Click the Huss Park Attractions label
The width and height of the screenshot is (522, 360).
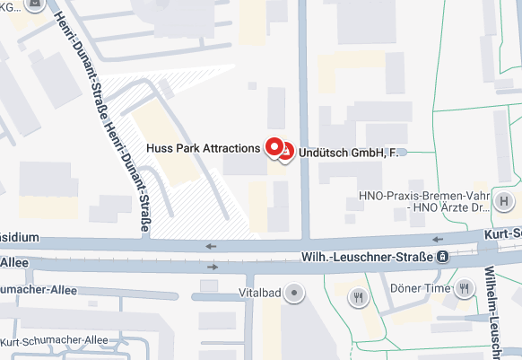[x=203, y=147]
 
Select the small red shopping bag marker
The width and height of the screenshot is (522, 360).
[x=286, y=154]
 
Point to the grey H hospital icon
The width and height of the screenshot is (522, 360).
[x=506, y=201]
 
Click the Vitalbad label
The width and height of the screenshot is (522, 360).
[x=258, y=294]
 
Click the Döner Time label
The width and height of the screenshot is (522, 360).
[x=419, y=288]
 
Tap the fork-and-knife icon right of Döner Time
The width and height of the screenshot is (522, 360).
[x=464, y=288]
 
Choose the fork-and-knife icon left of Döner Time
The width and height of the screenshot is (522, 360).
[x=359, y=296]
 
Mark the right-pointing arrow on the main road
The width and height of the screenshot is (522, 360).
[x=213, y=267]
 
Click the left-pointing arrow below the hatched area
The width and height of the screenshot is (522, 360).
[x=212, y=245]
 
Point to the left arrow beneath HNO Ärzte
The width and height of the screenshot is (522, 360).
[x=437, y=240]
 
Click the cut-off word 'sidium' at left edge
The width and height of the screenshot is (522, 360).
[x=20, y=238]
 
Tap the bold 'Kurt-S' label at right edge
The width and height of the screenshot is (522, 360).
[x=503, y=233]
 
